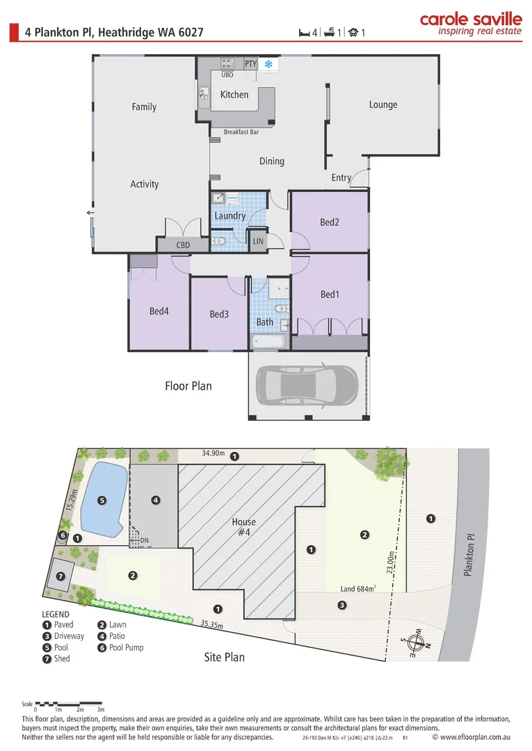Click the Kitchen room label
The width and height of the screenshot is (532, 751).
pyautogui.click(x=234, y=95)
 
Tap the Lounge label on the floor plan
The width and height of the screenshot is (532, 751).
pyautogui.click(x=383, y=105)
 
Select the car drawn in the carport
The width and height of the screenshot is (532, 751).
pyautogui.click(x=307, y=386)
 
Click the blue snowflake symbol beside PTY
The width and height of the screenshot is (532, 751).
pyautogui.click(x=268, y=64)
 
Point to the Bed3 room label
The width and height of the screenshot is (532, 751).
pyautogui.click(x=219, y=314)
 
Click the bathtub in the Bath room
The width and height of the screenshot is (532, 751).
pyautogui.click(x=268, y=342)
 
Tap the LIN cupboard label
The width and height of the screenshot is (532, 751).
pyautogui.click(x=258, y=241)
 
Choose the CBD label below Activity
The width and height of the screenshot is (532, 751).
pyautogui.click(x=183, y=245)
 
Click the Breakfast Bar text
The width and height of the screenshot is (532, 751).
pyautogui.click(x=241, y=131)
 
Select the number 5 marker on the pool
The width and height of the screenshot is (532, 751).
pyautogui.click(x=102, y=501)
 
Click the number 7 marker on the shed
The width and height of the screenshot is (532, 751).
pyautogui.click(x=61, y=576)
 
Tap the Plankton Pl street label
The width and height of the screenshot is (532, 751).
pyautogui.click(x=469, y=555)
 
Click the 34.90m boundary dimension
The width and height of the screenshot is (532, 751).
pyautogui.click(x=213, y=453)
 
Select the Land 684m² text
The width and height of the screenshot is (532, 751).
pyautogui.click(x=357, y=589)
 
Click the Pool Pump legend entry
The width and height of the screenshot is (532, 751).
pyautogui.click(x=121, y=647)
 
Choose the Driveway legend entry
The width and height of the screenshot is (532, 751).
pyautogui.click(x=63, y=636)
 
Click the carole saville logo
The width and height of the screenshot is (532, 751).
pyautogui.click(x=471, y=24)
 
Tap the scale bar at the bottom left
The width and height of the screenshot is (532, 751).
pyautogui.click(x=68, y=704)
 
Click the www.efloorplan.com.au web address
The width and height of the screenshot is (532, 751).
pyautogui.click(x=471, y=738)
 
